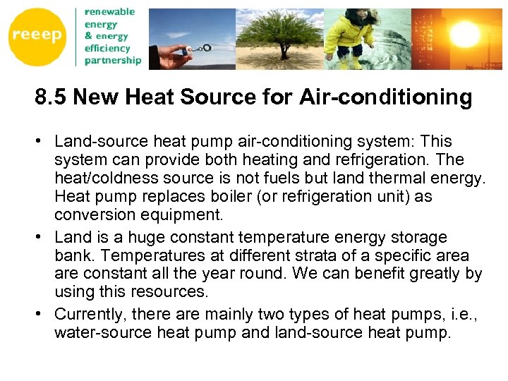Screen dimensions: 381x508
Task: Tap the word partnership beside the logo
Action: pyautogui.click(x=113, y=61)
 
